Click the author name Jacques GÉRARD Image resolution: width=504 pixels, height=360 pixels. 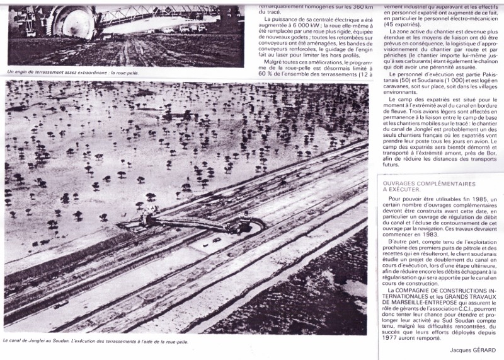pyautogui.click(x=472, y=349)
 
